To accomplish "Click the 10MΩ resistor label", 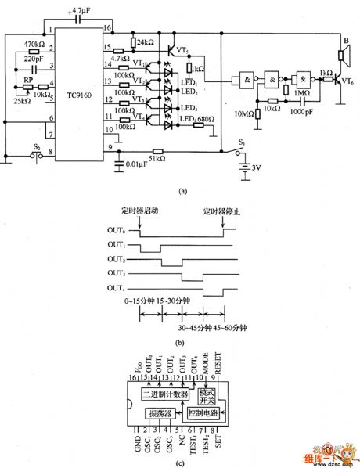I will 243,117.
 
